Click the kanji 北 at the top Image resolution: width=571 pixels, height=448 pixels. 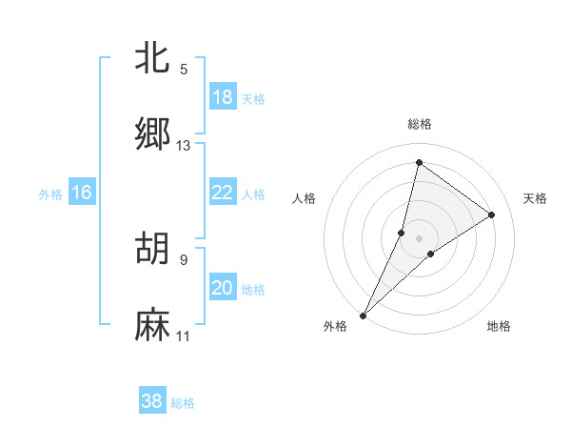(152, 58)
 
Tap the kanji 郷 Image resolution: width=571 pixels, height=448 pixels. (152, 134)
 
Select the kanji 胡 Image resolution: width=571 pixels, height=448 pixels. (152, 249)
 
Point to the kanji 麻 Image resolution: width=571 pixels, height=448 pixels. (152, 325)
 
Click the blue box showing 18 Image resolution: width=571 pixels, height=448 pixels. (222, 97)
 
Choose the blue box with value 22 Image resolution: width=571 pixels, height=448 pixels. (222, 193)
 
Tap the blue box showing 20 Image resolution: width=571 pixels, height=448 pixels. (222, 288)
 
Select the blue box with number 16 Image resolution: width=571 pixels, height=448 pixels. (81, 193)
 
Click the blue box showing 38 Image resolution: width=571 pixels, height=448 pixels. (152, 401)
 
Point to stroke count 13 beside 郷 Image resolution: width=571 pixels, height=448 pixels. (184, 146)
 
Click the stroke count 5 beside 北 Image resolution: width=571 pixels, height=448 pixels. (184, 70)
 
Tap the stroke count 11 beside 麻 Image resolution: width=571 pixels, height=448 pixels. (184, 336)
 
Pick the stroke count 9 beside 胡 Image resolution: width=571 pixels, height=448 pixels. (184, 260)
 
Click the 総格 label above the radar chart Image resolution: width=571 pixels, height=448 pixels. (420, 124)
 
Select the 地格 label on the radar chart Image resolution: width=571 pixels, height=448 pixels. (499, 327)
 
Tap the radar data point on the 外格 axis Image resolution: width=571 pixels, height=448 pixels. (363, 315)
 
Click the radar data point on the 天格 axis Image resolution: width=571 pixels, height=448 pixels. (492, 214)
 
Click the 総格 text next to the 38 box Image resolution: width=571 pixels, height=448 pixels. (183, 403)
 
